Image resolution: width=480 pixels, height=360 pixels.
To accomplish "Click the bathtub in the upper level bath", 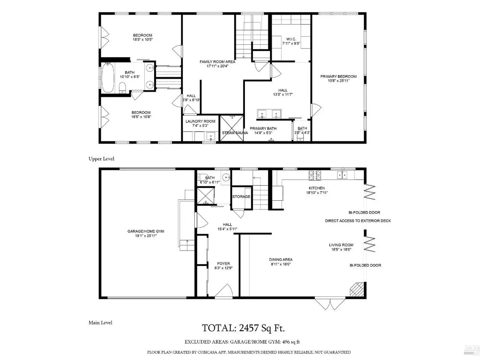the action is click(108, 78).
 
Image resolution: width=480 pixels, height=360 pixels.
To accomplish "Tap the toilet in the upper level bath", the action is click(122, 88).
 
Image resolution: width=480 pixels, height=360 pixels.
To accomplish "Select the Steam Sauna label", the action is click(235, 133).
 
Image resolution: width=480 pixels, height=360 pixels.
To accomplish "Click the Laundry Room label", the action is click(200, 121).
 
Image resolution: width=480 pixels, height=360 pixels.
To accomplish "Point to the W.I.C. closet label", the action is click(291, 39).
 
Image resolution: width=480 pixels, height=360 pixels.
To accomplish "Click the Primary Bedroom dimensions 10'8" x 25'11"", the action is click(339, 81).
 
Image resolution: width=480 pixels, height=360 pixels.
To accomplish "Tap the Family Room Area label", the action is click(217, 62).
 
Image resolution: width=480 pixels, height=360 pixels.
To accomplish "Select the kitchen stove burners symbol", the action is click(315, 175).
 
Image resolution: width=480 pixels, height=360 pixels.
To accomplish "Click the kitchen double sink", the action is click(342, 175).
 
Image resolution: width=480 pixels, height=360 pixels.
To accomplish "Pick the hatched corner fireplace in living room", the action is click(357, 289).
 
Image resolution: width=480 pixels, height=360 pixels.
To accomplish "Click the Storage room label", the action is click(241, 197).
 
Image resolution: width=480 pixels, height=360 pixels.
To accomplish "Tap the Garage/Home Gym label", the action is click(146, 231).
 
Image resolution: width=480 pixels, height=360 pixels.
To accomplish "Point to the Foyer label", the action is click(223, 264).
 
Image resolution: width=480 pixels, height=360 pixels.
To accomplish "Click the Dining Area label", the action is click(281, 259).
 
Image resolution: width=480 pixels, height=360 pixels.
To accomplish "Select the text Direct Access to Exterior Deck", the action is click(358, 221).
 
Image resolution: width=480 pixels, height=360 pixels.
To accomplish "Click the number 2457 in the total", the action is click(249, 328).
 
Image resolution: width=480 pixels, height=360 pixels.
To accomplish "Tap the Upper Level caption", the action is click(102, 159).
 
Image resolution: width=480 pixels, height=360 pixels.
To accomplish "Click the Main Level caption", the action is click(100, 322).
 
